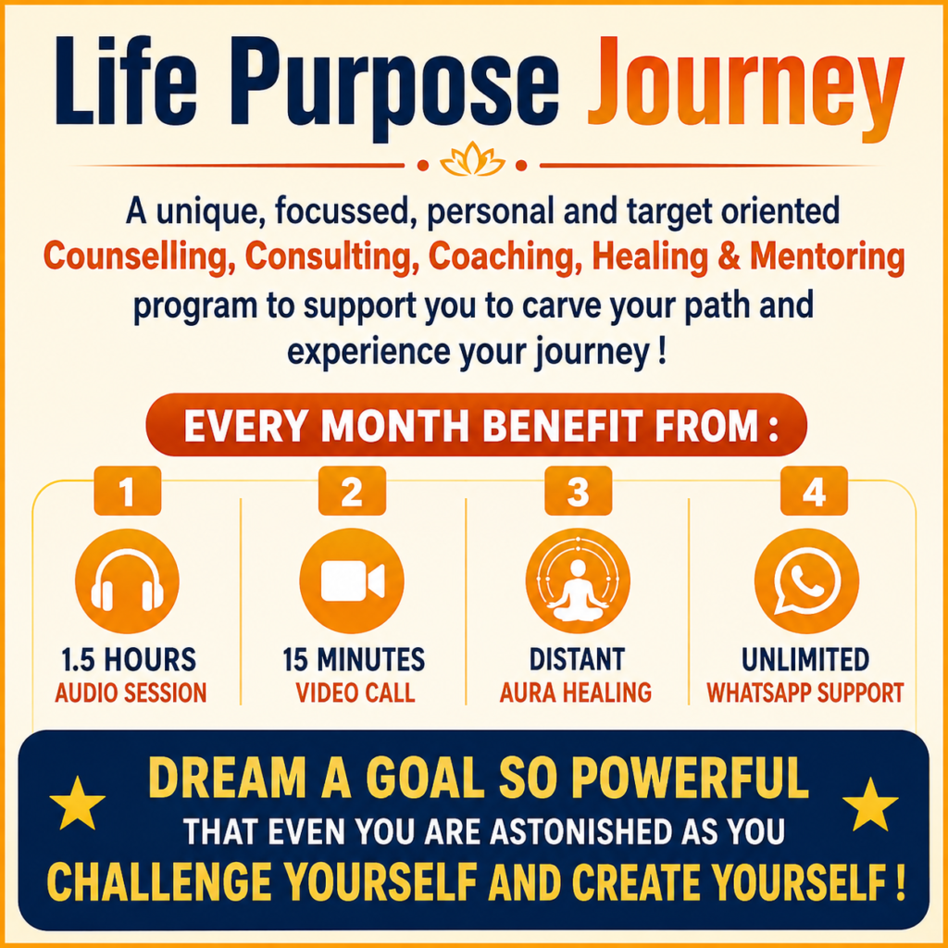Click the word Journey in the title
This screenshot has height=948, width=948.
click(745, 90)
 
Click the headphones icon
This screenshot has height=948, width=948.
click(127, 581)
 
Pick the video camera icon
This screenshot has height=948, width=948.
click(352, 581)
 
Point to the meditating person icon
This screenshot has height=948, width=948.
click(578, 581)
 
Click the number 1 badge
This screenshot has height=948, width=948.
click(128, 491)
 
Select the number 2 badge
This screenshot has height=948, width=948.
click(352, 491)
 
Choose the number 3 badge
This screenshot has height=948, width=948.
click(578, 491)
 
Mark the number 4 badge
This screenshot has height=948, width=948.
click(814, 491)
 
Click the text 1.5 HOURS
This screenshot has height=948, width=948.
click(129, 659)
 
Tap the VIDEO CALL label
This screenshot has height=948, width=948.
click(355, 692)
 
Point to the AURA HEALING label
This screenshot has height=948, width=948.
click(576, 692)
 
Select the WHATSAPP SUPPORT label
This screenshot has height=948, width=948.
click(805, 692)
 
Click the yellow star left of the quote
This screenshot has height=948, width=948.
click(78, 805)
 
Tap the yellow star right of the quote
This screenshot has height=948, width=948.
click(870, 805)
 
